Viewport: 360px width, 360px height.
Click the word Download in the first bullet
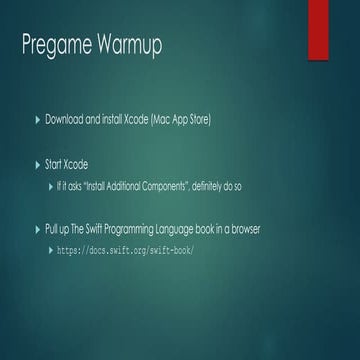coord(66,120)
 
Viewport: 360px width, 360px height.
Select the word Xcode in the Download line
coord(135,120)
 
